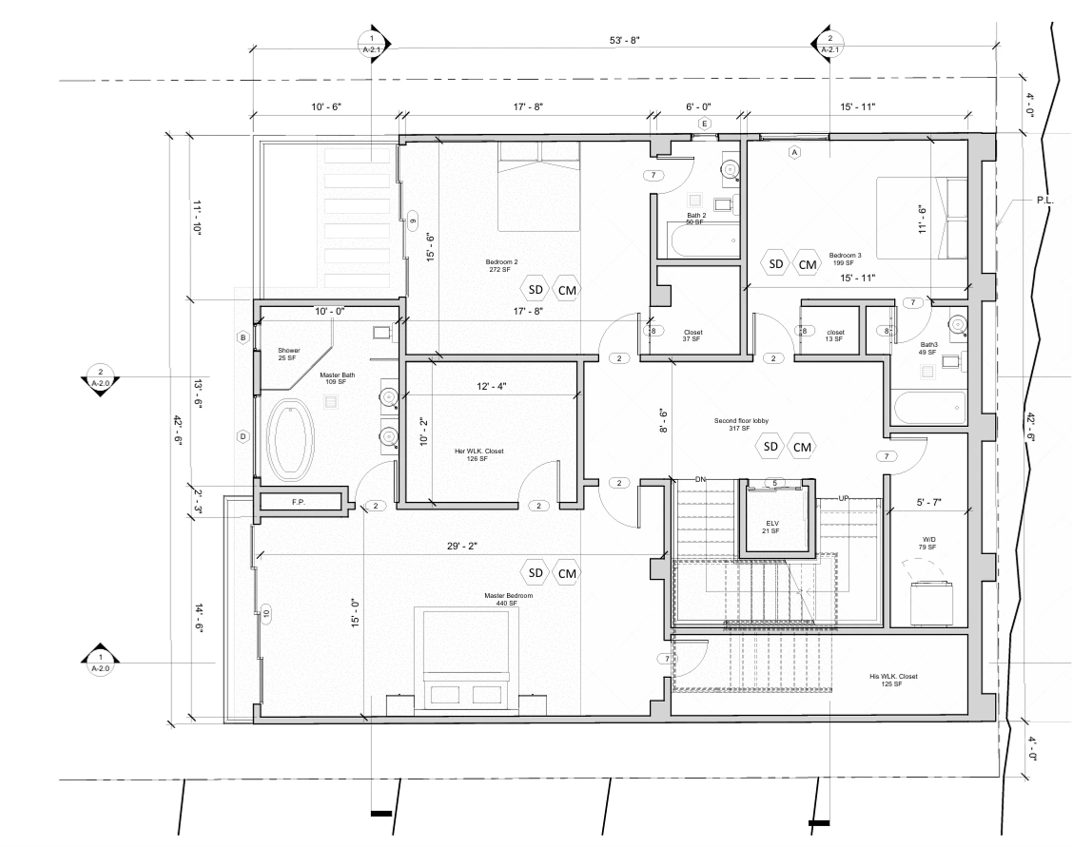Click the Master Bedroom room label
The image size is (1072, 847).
point(508,596)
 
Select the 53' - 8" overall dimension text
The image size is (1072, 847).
point(624,40)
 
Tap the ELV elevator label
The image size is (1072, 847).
point(772,523)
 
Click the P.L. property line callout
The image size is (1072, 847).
point(1044,201)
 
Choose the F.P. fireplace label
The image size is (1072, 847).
point(298,502)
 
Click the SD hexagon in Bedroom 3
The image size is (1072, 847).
point(775,263)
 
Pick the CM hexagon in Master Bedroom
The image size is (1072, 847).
point(567,573)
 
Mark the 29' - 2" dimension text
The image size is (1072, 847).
point(463,546)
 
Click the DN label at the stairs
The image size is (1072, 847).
point(700,479)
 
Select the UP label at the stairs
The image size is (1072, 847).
point(844,499)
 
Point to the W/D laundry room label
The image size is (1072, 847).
point(928,540)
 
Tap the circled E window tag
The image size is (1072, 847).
point(704,124)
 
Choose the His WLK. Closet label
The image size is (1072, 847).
point(893,676)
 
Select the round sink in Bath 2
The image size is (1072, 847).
point(731,168)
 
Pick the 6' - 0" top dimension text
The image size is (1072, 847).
point(698,106)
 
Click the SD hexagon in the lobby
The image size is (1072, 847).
point(770,447)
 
